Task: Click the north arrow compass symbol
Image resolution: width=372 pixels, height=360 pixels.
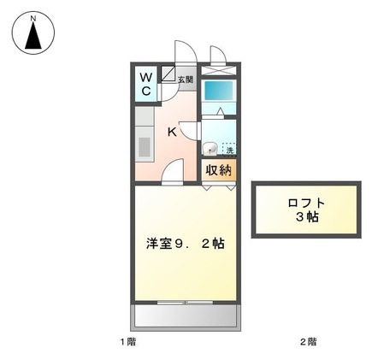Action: pos(32,37)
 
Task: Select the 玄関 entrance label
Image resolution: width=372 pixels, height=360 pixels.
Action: pos(186,80)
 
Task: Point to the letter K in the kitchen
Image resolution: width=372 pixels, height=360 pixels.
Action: pos(171,132)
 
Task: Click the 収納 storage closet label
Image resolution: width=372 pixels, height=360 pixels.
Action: pos(219,169)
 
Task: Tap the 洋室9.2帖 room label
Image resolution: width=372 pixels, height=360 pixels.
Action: pos(185,243)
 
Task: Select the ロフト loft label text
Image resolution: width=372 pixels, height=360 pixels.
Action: pos(305,203)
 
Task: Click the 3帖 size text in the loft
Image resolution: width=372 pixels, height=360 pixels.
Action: pos(305,218)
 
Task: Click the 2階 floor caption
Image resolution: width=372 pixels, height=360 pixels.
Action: pos(307,342)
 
